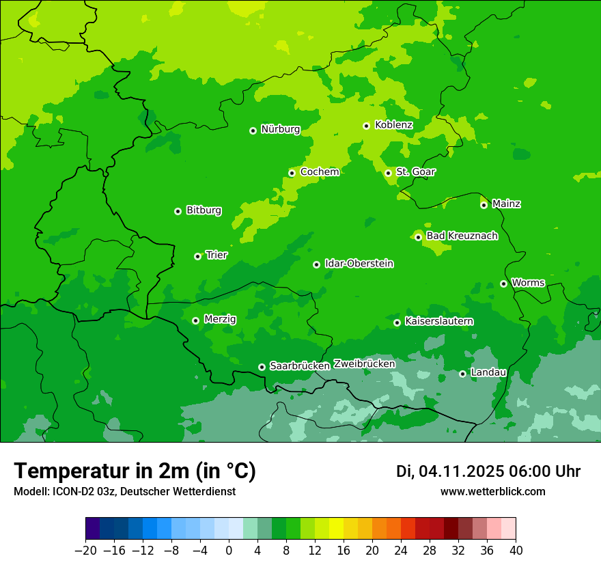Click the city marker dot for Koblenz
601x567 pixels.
click(366, 126)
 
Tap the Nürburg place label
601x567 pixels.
click(280, 129)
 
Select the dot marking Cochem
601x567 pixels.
click(292, 173)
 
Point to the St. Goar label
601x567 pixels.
click(415, 171)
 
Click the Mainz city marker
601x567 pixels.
click(484, 205)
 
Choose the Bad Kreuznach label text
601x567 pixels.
click(462, 236)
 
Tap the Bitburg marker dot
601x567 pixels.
click(178, 211)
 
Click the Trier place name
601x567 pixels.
click(216, 255)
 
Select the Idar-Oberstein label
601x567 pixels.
click(359, 264)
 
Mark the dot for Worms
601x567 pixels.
click(503, 283)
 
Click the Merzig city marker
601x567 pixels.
click(195, 320)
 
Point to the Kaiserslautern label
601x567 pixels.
click(439, 321)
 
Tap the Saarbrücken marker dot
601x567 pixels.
click(262, 367)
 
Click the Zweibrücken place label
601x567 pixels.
click(364, 364)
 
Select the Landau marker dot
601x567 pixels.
click(462, 374)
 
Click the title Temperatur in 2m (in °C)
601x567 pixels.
click(135, 471)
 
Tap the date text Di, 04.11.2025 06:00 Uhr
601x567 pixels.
click(488, 471)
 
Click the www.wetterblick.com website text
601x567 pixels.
click(492, 491)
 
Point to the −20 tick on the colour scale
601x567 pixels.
click(85, 551)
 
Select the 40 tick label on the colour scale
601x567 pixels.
click(516, 551)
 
